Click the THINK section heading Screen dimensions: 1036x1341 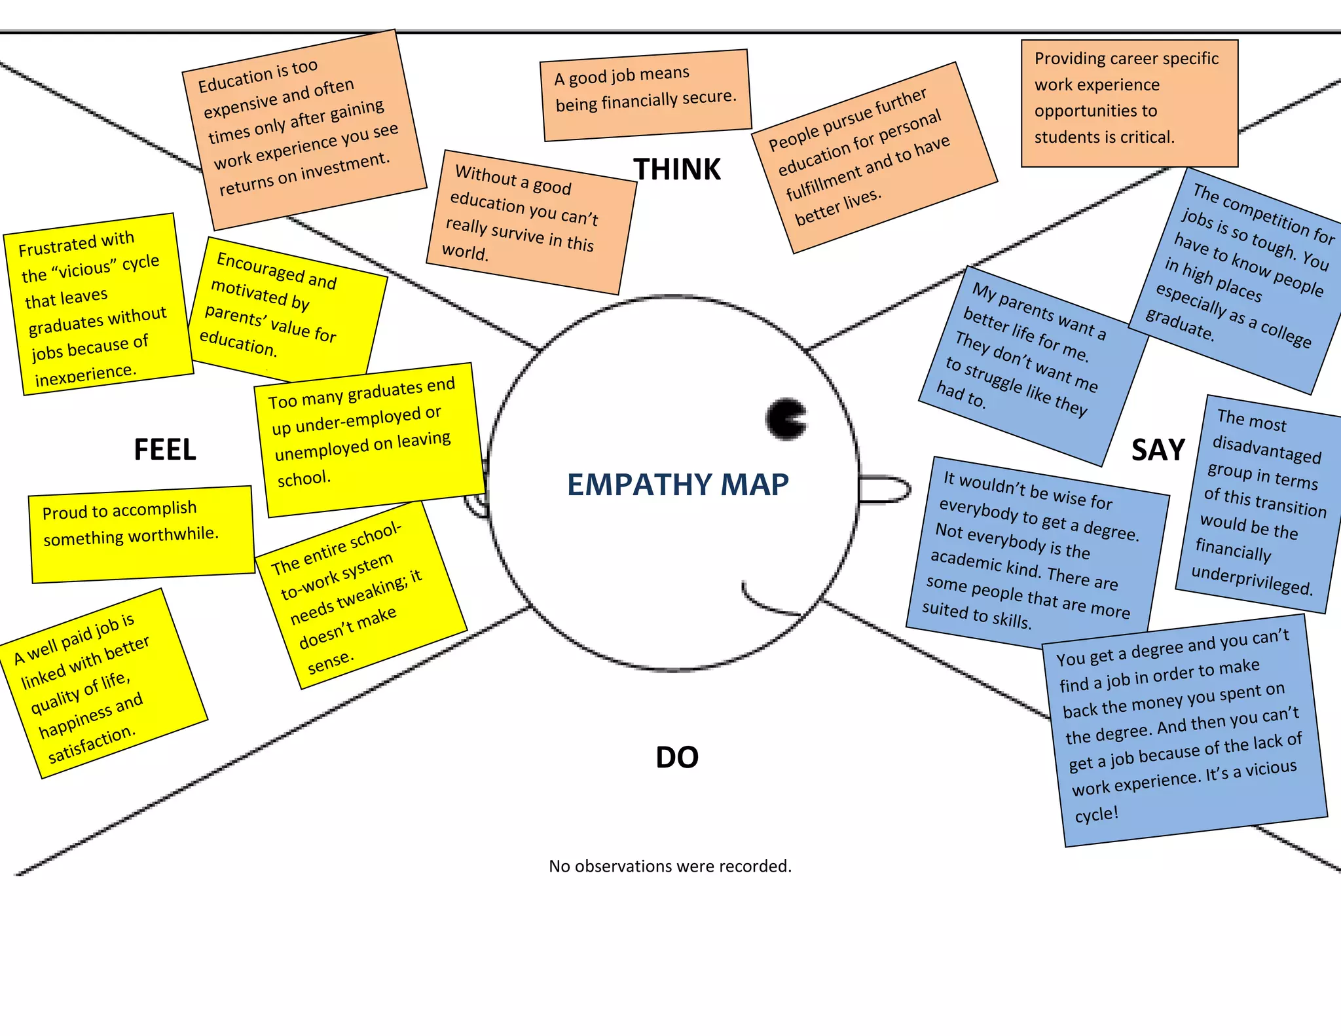(x=676, y=170)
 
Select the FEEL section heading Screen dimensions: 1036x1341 (x=164, y=450)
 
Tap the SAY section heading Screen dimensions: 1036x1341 (x=1158, y=450)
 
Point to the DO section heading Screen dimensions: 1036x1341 (x=676, y=757)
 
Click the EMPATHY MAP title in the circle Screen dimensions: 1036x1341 (x=677, y=485)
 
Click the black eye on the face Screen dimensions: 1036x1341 (x=786, y=418)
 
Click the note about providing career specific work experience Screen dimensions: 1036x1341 (x=1129, y=103)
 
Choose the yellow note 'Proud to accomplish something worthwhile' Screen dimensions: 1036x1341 (x=141, y=534)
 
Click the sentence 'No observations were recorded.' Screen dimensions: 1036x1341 (x=670, y=866)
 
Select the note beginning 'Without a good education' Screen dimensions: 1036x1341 (x=530, y=221)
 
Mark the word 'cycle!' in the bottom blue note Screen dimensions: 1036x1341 (x=1096, y=815)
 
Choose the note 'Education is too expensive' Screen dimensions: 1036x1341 (x=303, y=129)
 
